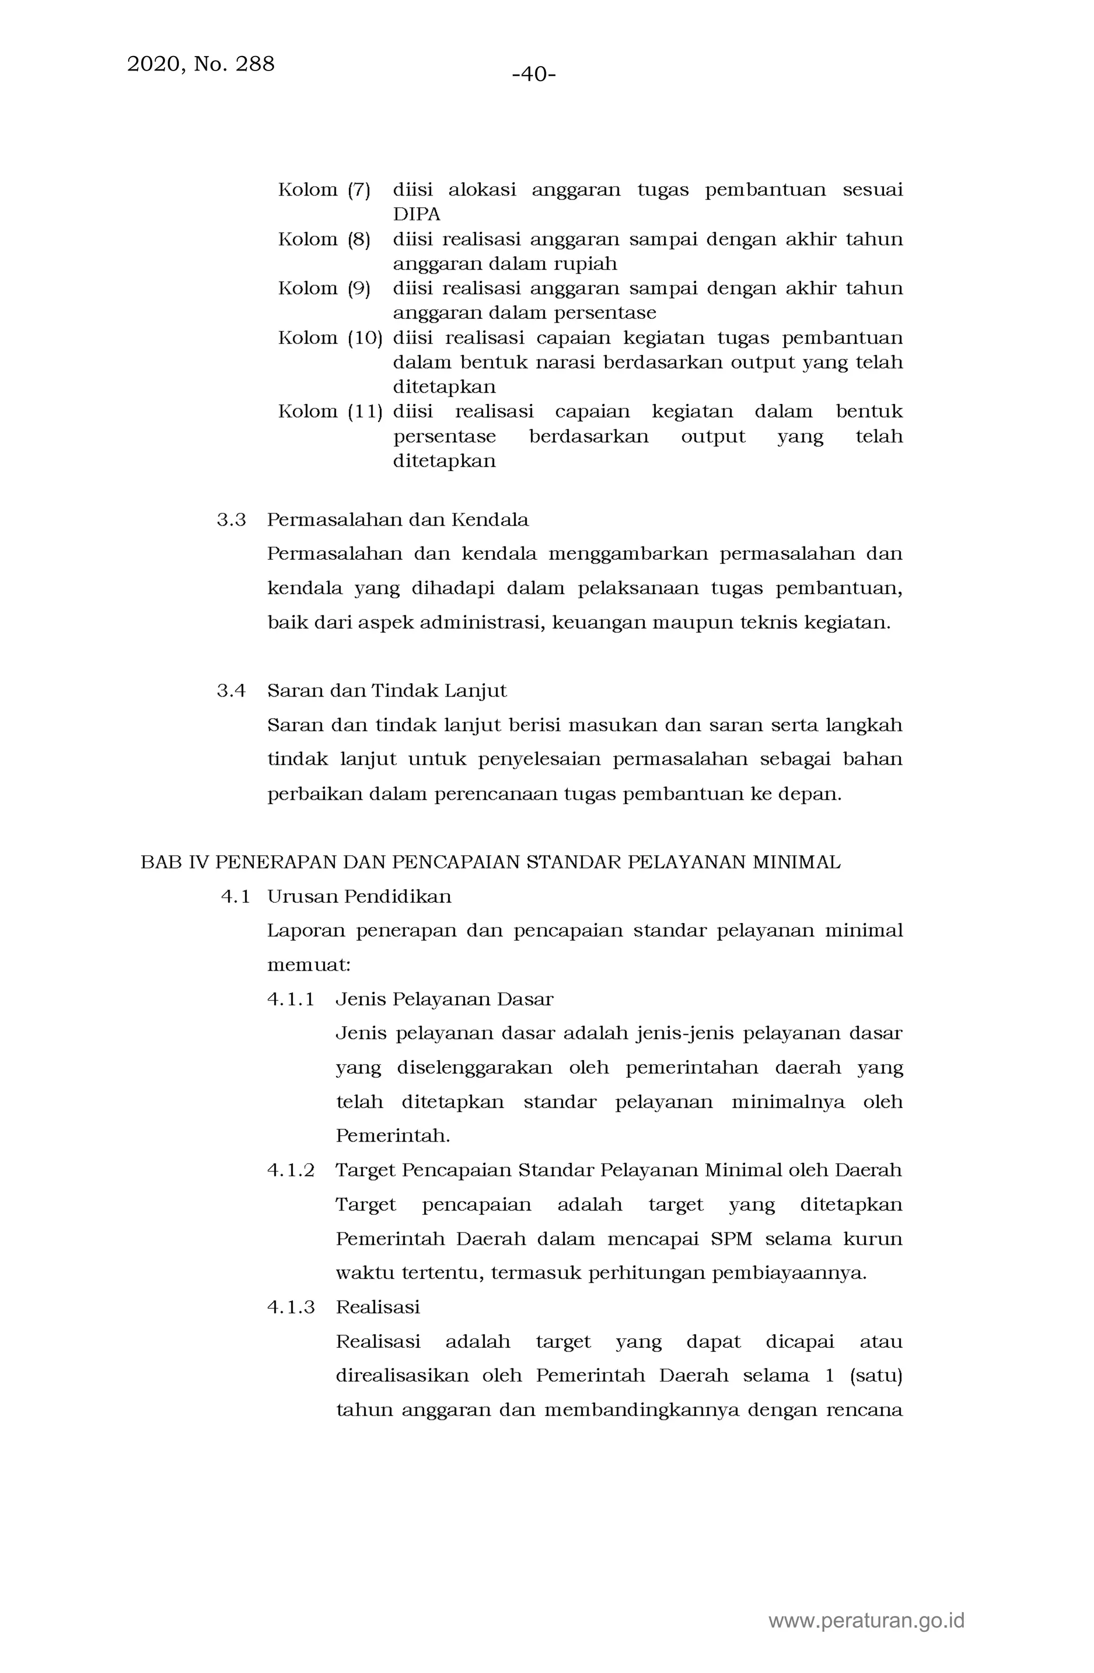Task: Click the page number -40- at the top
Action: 534,74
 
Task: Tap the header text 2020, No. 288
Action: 200,64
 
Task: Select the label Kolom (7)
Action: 324,190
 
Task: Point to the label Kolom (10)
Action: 330,338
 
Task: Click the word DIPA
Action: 416,214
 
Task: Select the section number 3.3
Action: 231,520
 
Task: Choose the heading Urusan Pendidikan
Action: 360,896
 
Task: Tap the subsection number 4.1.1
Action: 291,999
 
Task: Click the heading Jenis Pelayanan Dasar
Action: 444,999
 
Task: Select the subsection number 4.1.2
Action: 291,1170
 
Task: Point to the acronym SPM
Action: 731,1239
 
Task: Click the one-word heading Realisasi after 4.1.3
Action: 378,1307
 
